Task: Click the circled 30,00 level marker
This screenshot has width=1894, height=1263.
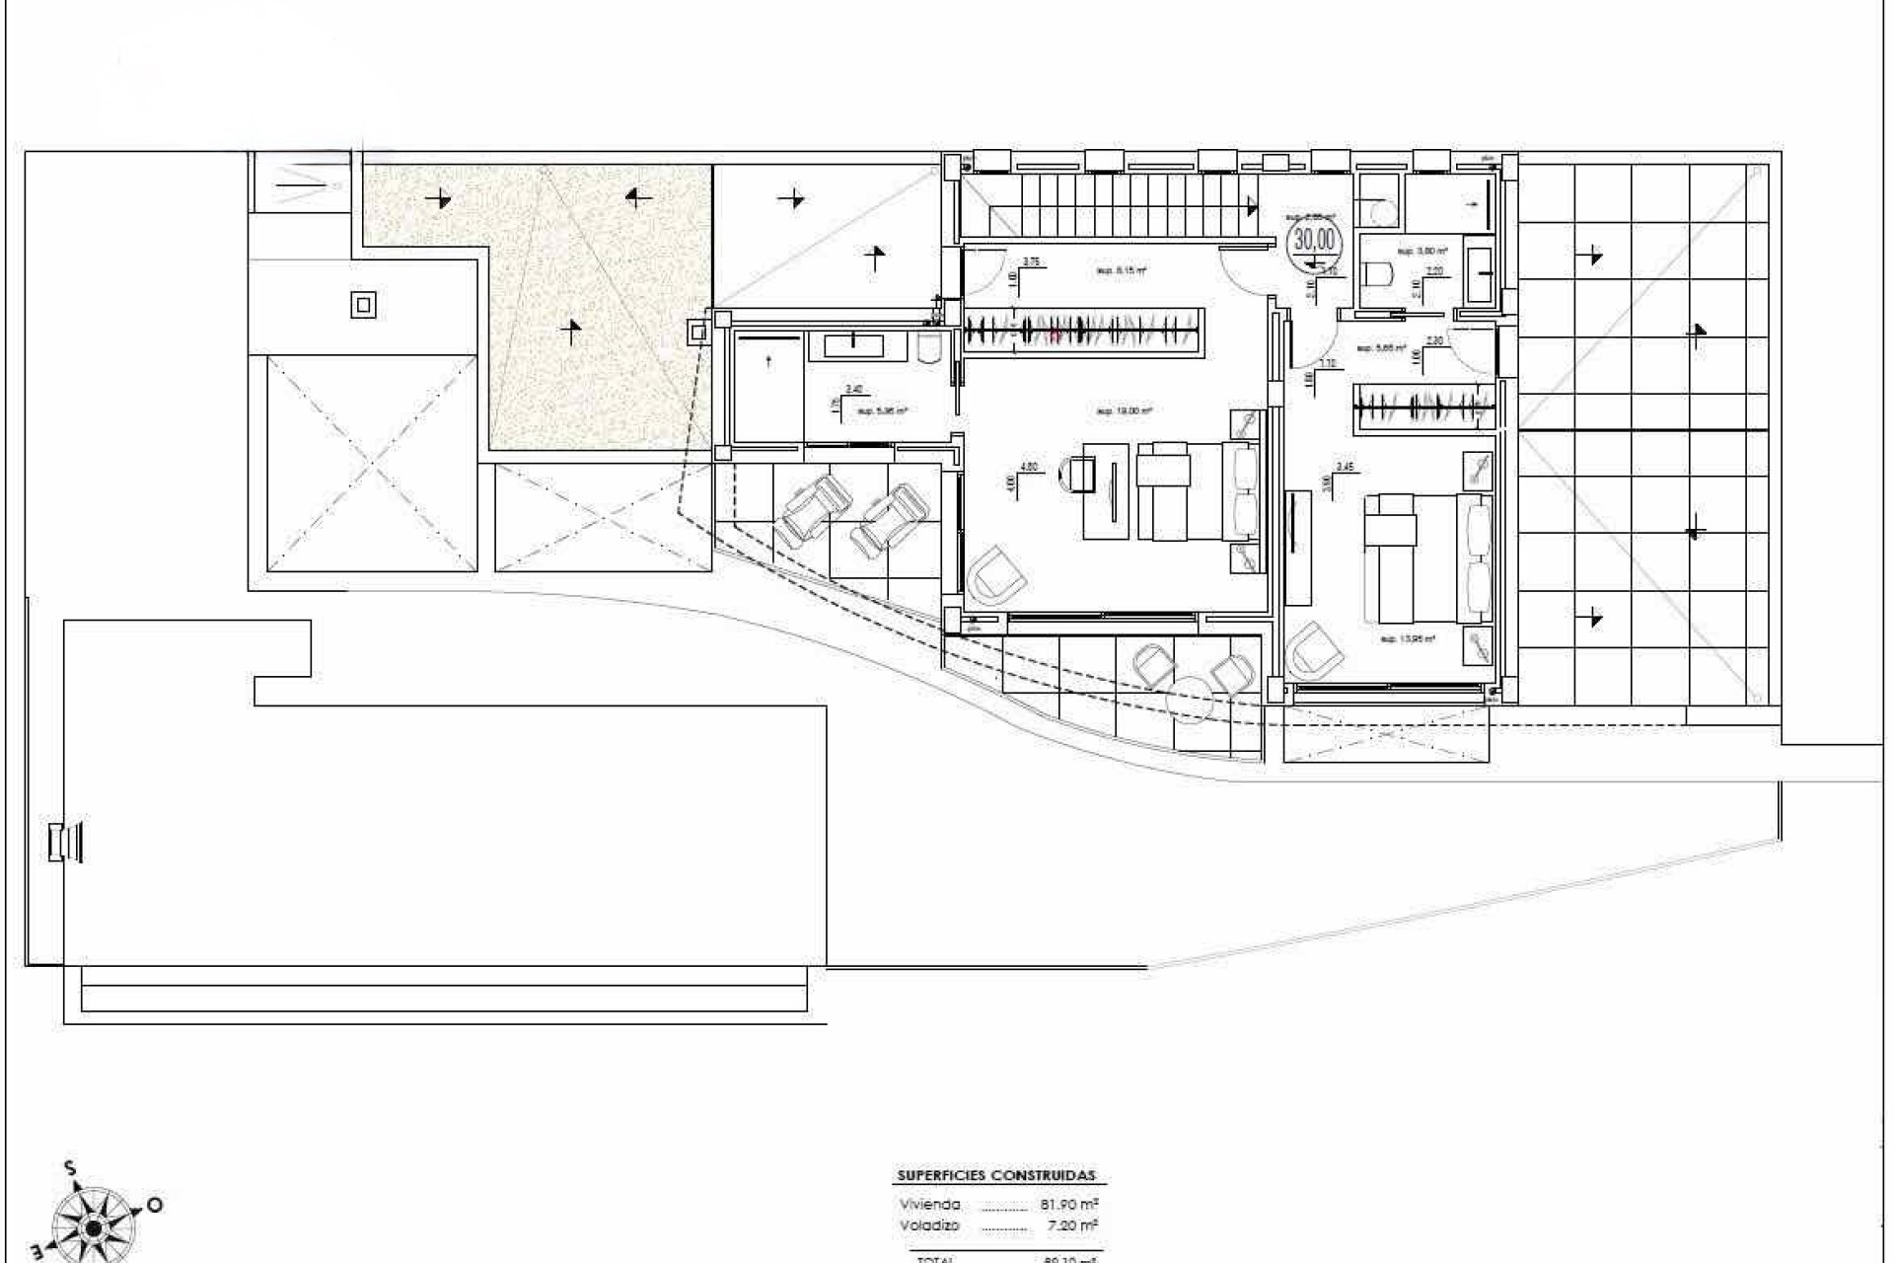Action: [1314, 240]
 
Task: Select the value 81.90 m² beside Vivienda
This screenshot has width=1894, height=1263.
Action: [1069, 1204]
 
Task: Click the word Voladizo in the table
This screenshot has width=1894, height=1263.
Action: [929, 1226]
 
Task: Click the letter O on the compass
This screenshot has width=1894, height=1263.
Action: [154, 1205]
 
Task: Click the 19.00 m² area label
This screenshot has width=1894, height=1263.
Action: [1124, 410]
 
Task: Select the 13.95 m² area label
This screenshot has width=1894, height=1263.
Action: [1408, 638]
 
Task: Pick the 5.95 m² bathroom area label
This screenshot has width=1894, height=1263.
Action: [882, 410]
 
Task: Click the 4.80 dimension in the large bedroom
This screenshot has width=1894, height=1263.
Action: [1028, 467]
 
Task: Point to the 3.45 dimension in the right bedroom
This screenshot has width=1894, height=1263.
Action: [1345, 467]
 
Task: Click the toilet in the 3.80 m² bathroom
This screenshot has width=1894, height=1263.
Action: [1377, 272]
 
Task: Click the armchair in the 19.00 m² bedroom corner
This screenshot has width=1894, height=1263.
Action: [996, 575]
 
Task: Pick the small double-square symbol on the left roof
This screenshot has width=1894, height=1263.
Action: [363, 305]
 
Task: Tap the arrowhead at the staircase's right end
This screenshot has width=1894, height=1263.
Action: [1253, 206]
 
